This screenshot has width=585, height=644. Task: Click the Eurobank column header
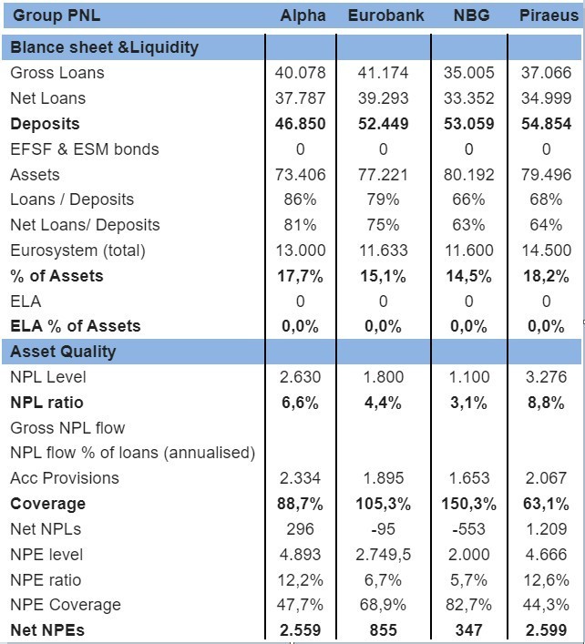(385, 15)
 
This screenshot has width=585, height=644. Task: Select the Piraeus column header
(549, 15)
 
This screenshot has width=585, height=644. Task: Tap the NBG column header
(471, 15)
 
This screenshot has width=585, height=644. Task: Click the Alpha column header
(303, 15)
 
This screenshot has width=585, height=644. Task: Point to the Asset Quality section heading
(63, 352)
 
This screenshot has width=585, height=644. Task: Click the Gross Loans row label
(57, 73)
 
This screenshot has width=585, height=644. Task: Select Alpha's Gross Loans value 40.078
(301, 73)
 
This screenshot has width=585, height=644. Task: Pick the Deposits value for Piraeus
(547, 124)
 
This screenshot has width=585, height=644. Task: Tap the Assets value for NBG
(468, 175)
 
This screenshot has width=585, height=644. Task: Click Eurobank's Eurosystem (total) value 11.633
(384, 250)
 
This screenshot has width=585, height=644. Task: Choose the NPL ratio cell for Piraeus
(546, 403)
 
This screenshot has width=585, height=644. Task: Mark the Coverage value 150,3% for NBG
(468, 504)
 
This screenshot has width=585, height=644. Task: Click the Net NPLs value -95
(383, 529)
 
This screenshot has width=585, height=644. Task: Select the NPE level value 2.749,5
(383, 555)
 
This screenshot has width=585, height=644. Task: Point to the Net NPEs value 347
(468, 630)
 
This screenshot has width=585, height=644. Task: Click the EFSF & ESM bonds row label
(85, 149)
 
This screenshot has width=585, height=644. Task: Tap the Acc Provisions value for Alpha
(300, 478)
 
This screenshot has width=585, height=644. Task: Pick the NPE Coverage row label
(66, 605)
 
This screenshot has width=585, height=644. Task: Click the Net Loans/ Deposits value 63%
(468, 225)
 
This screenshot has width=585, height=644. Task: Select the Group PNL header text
(56, 15)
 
